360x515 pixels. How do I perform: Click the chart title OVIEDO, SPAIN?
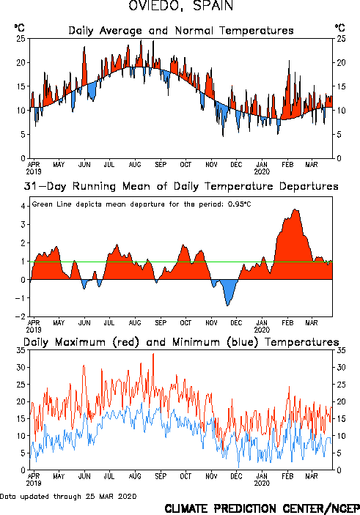[x=180, y=6]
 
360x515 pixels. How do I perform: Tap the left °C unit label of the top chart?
[x=19, y=27]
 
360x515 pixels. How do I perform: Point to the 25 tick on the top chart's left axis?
[x=21, y=38]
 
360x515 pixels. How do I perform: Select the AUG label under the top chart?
[x=135, y=165]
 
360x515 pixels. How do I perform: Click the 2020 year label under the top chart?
[x=262, y=171]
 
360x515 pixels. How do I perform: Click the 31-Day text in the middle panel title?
[x=45, y=186]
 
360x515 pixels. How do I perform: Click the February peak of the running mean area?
[x=295, y=210]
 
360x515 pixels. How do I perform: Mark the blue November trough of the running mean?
[x=228, y=305]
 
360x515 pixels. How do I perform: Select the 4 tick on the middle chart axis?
[x=23, y=206]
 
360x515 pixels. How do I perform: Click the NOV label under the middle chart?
[x=211, y=323]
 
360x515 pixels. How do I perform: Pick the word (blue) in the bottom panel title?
[x=242, y=342]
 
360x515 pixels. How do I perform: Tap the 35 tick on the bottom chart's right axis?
[x=341, y=350]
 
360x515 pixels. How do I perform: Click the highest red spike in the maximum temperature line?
[x=153, y=354]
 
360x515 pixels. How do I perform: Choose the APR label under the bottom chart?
[x=34, y=476]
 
